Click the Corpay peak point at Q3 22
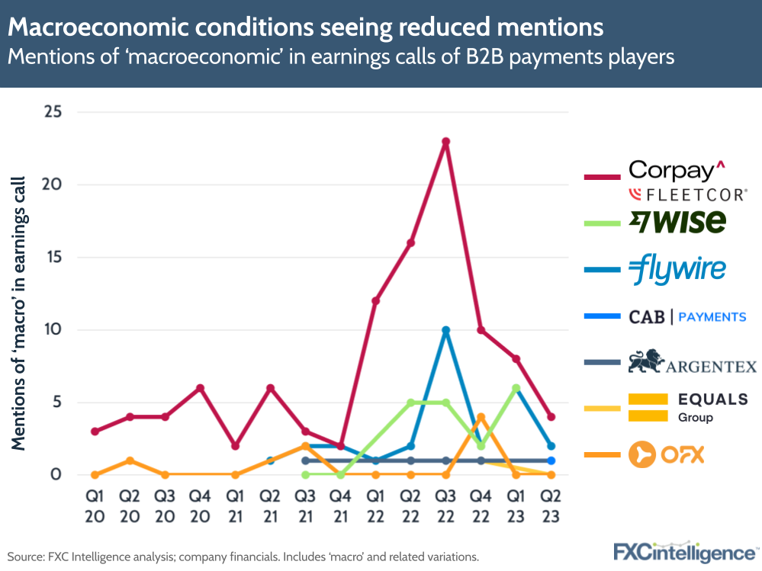click(x=445, y=141)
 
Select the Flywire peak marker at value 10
click(x=445, y=330)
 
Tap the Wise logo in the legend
click(x=677, y=221)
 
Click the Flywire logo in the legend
click(x=677, y=269)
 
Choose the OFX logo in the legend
click(x=666, y=455)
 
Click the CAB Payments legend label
click(x=687, y=316)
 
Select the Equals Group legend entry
click(x=687, y=407)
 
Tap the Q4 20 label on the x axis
click(x=199, y=505)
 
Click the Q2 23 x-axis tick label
click(x=551, y=505)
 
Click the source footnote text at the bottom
click(x=243, y=557)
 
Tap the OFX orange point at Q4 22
click(x=481, y=417)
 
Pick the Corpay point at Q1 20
click(x=95, y=431)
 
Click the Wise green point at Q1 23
click(x=516, y=388)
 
